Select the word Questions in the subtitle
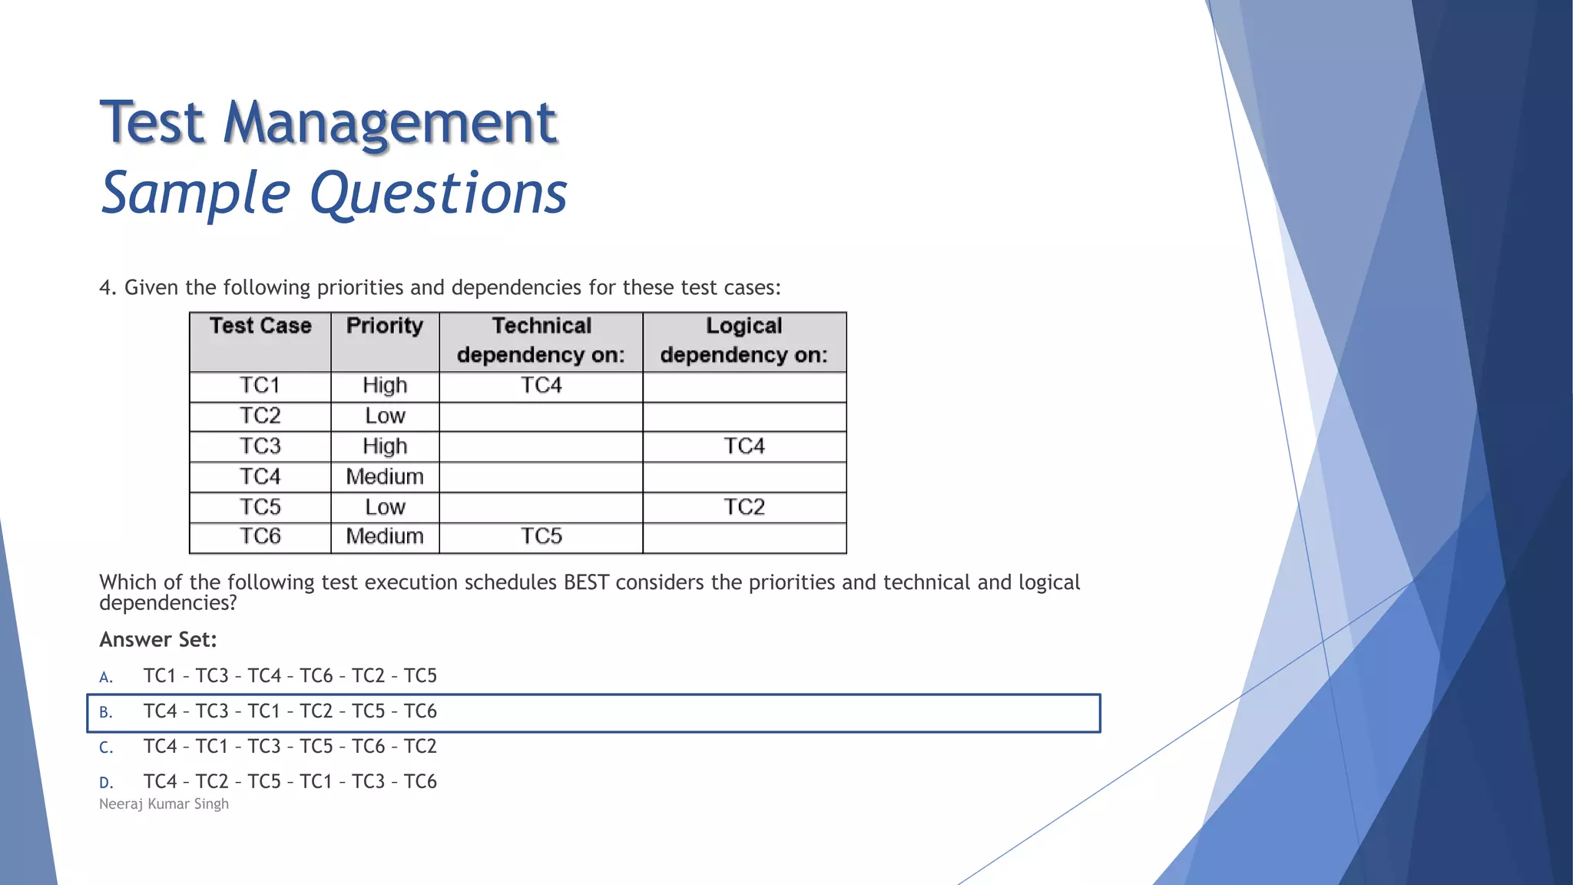(438, 193)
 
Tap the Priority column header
(385, 326)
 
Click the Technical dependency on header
(541, 340)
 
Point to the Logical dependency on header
(743, 340)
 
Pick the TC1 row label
(260, 386)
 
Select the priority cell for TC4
(385, 477)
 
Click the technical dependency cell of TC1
(541, 386)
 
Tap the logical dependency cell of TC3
(743, 446)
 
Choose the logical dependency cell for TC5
(743, 507)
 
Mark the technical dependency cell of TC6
(541, 536)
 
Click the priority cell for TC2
(385, 416)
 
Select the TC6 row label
(260, 536)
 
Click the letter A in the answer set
(106, 678)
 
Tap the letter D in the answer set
(106, 783)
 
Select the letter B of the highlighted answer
(106, 713)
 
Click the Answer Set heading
(158, 640)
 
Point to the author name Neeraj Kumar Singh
(164, 804)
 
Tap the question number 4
(107, 288)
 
